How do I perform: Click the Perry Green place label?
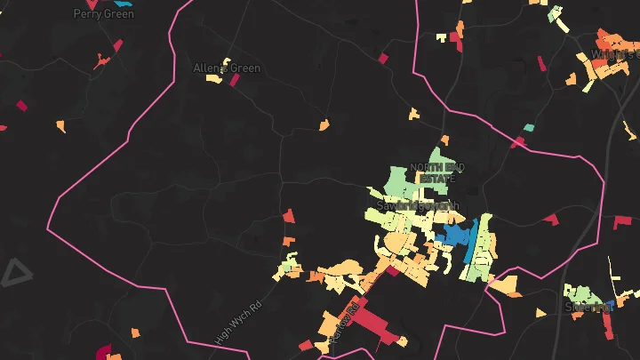point(104,13)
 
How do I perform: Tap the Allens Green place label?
point(227,68)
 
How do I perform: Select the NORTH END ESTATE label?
point(437,172)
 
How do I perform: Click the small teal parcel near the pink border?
point(529,128)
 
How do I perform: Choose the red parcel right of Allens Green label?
point(236,80)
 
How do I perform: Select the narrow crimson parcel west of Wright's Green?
point(542,64)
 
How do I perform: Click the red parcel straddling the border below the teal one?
point(517,142)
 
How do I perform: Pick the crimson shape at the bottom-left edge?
point(103,352)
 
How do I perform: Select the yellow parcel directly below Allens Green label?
point(214,79)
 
